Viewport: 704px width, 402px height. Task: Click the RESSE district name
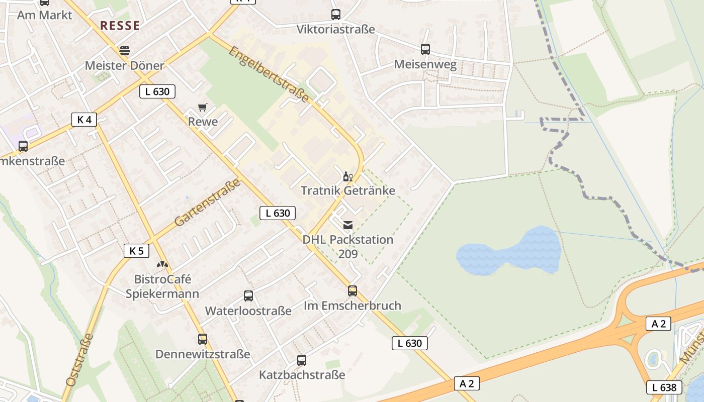click(x=120, y=26)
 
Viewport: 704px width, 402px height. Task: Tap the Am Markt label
click(x=45, y=15)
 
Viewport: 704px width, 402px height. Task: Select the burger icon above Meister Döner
click(x=124, y=51)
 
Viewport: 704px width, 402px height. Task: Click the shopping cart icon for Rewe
click(x=203, y=107)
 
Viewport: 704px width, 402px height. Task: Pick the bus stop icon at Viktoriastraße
click(x=336, y=15)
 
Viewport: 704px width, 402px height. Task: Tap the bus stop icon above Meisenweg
click(x=425, y=49)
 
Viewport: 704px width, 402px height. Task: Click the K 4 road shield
click(x=84, y=120)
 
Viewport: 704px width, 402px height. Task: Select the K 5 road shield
click(x=136, y=251)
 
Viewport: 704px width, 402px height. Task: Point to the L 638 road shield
click(x=664, y=387)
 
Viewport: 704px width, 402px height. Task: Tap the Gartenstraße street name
click(x=207, y=203)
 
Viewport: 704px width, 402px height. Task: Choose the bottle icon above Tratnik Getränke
click(x=347, y=176)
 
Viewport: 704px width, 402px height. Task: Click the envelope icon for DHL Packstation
click(x=348, y=225)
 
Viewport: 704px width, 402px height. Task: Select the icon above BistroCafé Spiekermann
click(x=162, y=264)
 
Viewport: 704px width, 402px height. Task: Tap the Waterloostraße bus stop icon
click(x=248, y=296)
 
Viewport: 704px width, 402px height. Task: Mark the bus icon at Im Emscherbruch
click(x=353, y=291)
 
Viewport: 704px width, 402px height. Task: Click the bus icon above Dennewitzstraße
click(x=203, y=339)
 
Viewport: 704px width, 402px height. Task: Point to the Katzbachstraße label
click(x=302, y=375)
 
